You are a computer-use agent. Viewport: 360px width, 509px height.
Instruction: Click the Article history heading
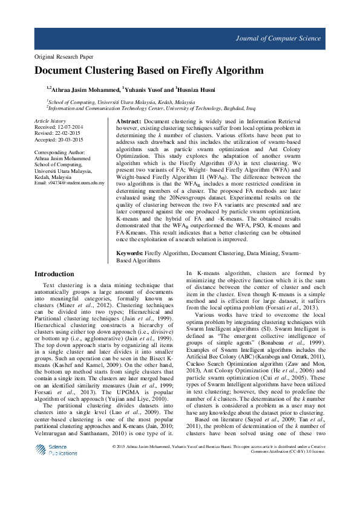click(50, 122)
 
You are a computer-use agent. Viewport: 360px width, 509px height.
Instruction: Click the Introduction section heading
click(54, 274)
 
